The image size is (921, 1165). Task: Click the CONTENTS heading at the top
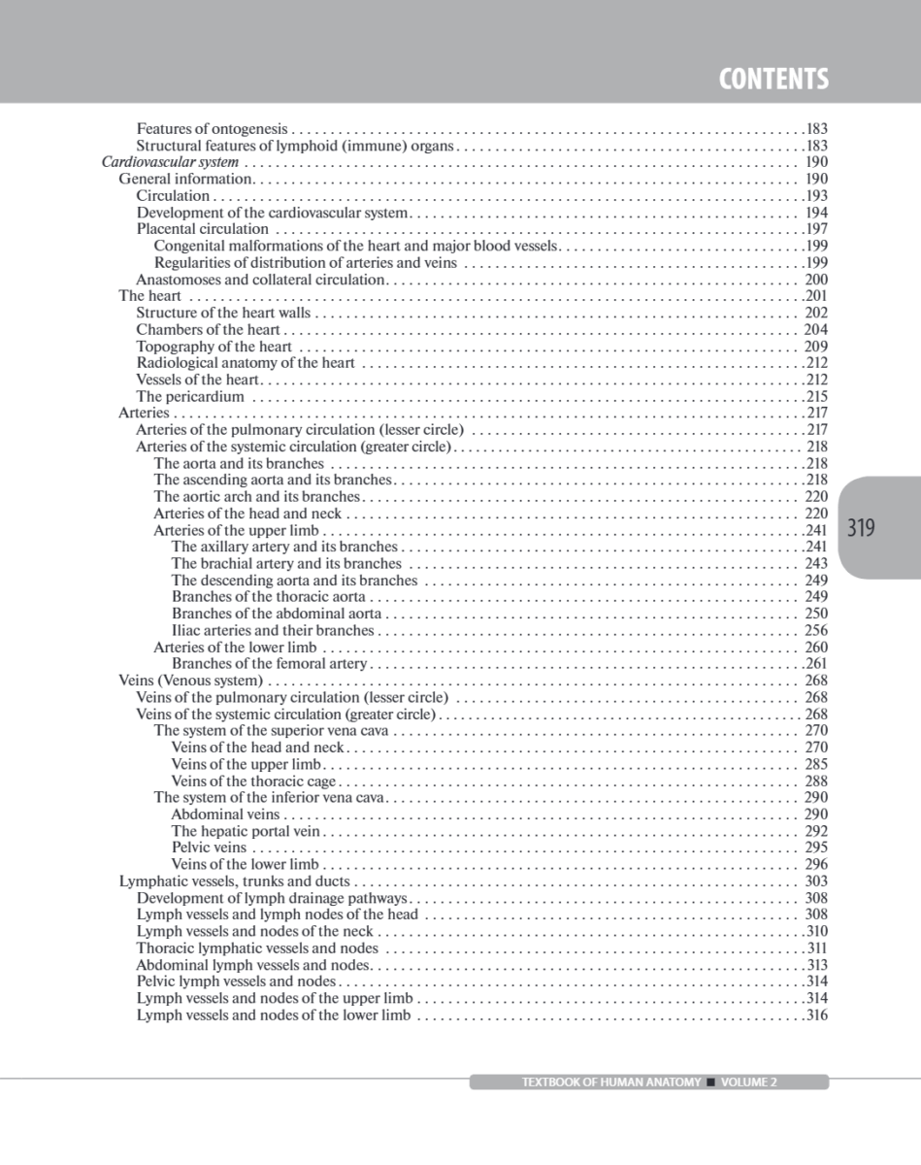coord(773,79)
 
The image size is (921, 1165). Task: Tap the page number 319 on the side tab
coord(861,528)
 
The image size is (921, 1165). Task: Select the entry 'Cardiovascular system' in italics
coord(170,162)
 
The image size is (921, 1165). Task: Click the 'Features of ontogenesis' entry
coord(212,128)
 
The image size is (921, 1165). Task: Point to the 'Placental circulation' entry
coord(202,229)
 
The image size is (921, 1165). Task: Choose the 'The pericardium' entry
coord(190,396)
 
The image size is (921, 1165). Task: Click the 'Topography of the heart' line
coord(214,347)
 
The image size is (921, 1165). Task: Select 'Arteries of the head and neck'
coord(247,514)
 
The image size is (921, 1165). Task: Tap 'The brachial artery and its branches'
coord(286,564)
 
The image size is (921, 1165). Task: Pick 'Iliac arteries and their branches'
coord(273,631)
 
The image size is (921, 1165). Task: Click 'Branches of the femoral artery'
coord(270,664)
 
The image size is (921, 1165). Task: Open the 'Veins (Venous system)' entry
coord(190,681)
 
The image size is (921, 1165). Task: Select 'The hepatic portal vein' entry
coord(246,831)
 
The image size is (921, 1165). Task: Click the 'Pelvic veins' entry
coord(209,848)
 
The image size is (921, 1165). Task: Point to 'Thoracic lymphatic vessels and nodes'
coord(257,949)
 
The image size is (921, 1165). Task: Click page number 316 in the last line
coord(816,1015)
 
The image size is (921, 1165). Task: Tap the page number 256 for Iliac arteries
coord(816,631)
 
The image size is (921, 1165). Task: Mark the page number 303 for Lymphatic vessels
coord(816,882)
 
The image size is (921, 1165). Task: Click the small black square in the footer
coord(711,1082)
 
